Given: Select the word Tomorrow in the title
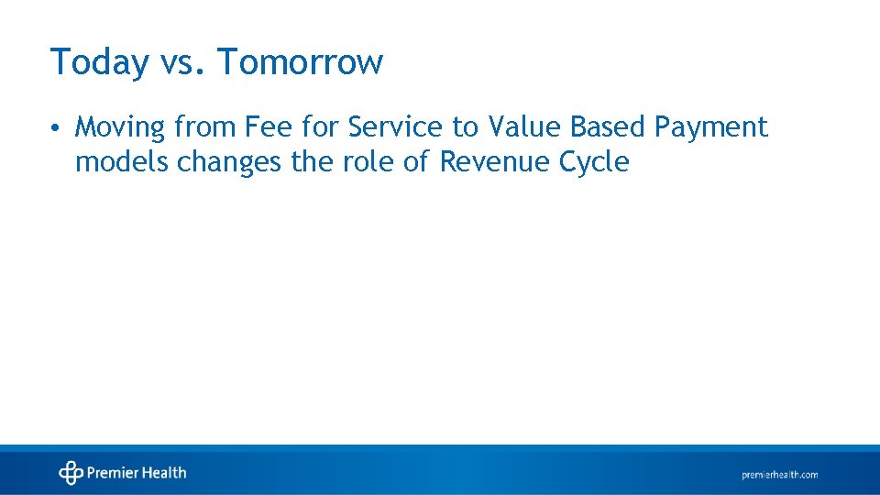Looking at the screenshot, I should (x=300, y=62).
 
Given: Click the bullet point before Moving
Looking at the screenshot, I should (x=57, y=127).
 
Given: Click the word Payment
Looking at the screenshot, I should (x=711, y=128).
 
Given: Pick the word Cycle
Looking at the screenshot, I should (x=598, y=163).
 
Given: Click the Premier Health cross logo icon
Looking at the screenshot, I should (x=71, y=473).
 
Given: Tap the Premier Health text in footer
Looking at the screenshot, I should (x=137, y=473).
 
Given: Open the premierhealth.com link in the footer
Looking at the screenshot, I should (x=779, y=475).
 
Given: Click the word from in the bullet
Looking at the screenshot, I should (x=210, y=127).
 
